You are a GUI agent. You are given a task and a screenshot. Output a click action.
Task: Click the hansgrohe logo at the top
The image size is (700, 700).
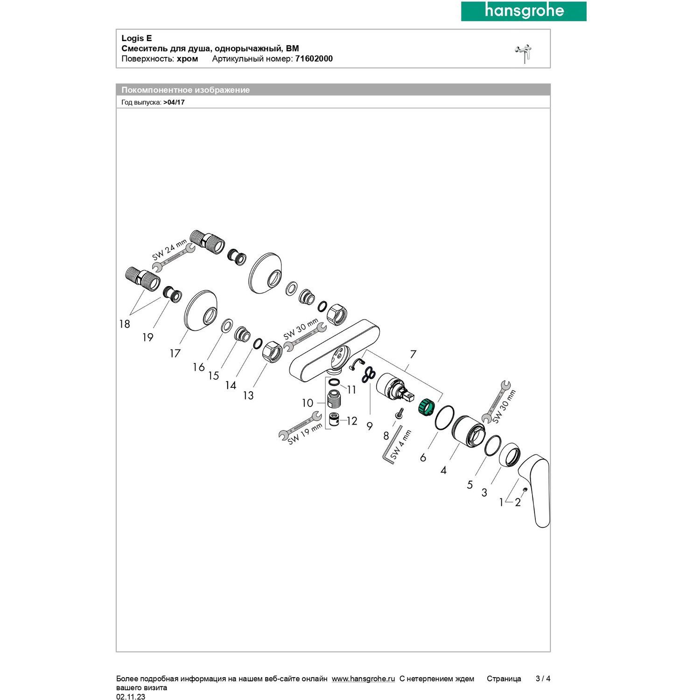524,11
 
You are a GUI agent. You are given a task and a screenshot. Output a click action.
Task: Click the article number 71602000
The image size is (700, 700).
314,59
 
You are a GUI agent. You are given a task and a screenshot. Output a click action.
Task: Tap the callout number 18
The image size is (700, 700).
124,324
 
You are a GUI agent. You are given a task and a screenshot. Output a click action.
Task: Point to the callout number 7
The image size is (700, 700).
413,355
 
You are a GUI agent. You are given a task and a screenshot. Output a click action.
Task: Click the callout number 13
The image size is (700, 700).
248,396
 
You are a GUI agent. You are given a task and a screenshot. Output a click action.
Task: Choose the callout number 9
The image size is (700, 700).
370,426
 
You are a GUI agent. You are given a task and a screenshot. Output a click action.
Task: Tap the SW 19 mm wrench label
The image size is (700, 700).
305,434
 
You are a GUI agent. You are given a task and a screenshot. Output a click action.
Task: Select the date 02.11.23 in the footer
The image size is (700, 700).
131,697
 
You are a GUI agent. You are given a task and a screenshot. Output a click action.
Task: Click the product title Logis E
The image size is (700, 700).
137,38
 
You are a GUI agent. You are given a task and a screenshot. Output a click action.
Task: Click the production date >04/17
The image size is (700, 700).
174,102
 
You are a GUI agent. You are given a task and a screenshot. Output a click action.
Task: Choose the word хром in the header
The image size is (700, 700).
187,59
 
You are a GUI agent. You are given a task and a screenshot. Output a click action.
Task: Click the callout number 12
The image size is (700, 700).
351,421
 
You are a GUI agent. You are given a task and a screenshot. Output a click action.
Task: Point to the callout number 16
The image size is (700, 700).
199,367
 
